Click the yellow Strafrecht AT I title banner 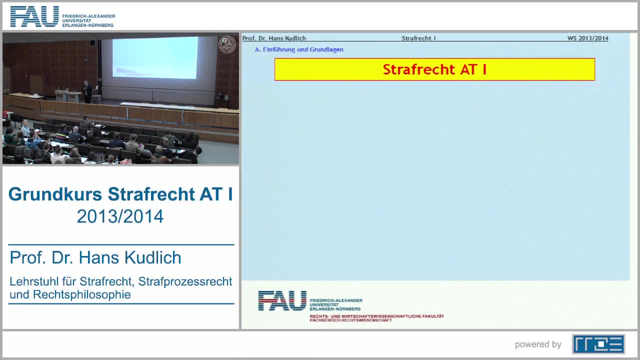(434, 69)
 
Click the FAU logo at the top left (35, 16)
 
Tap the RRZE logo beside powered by (598, 344)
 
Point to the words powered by (538, 344)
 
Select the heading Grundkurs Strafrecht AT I (120, 194)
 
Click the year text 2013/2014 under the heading (120, 216)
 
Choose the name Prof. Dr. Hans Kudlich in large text (95, 257)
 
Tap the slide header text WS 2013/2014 (587, 38)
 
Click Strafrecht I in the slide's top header (418, 38)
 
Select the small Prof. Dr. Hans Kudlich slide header (274, 38)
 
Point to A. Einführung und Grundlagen (299, 49)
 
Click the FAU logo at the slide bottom (282, 300)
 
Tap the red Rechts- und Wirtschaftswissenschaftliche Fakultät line (376, 316)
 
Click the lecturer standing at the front (87, 91)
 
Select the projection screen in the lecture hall (155, 57)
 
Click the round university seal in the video (227, 44)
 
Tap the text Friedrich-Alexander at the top (88, 16)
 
